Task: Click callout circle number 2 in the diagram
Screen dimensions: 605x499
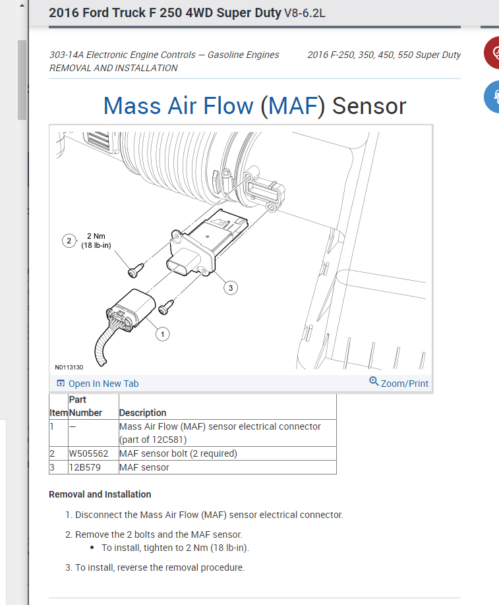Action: click(x=69, y=241)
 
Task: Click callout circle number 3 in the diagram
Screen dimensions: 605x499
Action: click(x=230, y=287)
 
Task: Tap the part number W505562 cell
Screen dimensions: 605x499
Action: click(x=88, y=453)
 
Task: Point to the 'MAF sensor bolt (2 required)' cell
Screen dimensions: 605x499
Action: click(x=178, y=453)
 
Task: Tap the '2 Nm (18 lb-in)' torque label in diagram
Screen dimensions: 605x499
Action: click(x=96, y=241)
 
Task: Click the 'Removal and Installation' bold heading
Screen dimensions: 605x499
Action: click(x=100, y=494)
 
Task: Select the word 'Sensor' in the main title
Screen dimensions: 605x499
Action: click(x=369, y=106)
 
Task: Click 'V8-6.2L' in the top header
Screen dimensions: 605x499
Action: click(x=305, y=13)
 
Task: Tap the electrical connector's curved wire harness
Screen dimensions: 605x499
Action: click(x=103, y=346)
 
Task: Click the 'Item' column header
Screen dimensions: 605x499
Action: click(x=58, y=413)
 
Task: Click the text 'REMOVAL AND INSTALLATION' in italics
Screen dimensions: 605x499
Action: click(x=113, y=68)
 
